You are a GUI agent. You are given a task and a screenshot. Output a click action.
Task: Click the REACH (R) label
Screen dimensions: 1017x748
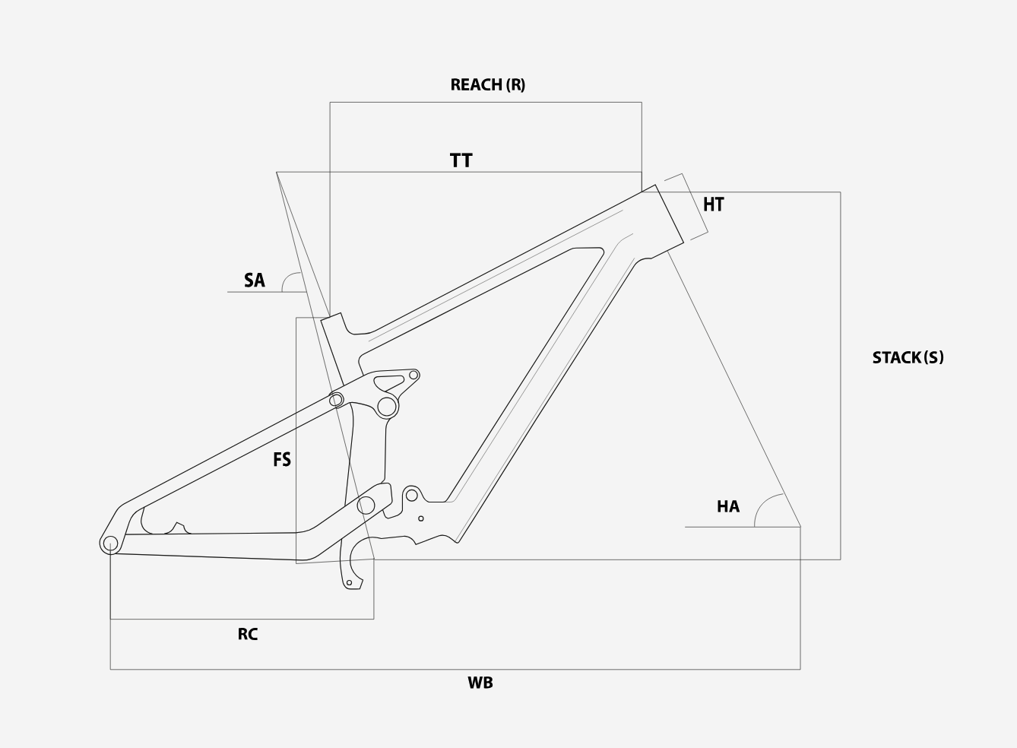pyautogui.click(x=488, y=85)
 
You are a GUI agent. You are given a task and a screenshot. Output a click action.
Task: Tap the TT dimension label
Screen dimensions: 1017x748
pyautogui.click(x=461, y=160)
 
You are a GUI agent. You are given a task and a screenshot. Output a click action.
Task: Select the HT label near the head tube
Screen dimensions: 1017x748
pyautogui.click(x=713, y=204)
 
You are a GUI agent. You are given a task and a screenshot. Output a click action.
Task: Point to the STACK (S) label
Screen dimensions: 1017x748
pyautogui.click(x=908, y=357)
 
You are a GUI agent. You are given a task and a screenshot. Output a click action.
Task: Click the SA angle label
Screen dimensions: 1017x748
pyautogui.click(x=254, y=280)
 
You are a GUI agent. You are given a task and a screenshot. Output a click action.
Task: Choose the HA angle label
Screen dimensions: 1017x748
pyautogui.click(x=728, y=506)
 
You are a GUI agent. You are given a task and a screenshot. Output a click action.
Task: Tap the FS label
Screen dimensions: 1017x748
pyautogui.click(x=282, y=460)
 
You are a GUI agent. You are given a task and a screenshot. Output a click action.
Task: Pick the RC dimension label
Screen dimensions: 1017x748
pyautogui.click(x=248, y=634)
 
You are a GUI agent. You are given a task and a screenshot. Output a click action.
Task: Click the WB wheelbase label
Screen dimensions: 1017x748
pyautogui.click(x=480, y=683)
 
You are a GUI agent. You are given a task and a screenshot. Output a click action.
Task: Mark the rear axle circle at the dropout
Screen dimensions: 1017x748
pyautogui.click(x=110, y=544)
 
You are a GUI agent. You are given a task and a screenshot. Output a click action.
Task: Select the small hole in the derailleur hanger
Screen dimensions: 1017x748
pyautogui.click(x=349, y=583)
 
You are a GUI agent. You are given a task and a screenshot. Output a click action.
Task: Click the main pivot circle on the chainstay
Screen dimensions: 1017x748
pyautogui.click(x=366, y=505)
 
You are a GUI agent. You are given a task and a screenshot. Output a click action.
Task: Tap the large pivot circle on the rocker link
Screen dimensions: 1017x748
pyautogui.click(x=387, y=407)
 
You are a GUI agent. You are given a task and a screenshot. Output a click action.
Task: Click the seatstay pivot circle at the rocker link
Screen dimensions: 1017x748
pyautogui.click(x=336, y=400)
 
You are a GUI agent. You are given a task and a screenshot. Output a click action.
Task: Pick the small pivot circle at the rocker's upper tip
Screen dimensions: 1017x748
pyautogui.click(x=413, y=375)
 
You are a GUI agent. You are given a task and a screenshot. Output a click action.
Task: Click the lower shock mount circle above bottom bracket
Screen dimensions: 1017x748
pyautogui.click(x=411, y=495)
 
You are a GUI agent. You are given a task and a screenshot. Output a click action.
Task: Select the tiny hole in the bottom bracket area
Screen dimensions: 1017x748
pyautogui.click(x=421, y=518)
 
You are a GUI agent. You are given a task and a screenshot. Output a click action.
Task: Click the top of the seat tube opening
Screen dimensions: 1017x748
pyautogui.click(x=331, y=316)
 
